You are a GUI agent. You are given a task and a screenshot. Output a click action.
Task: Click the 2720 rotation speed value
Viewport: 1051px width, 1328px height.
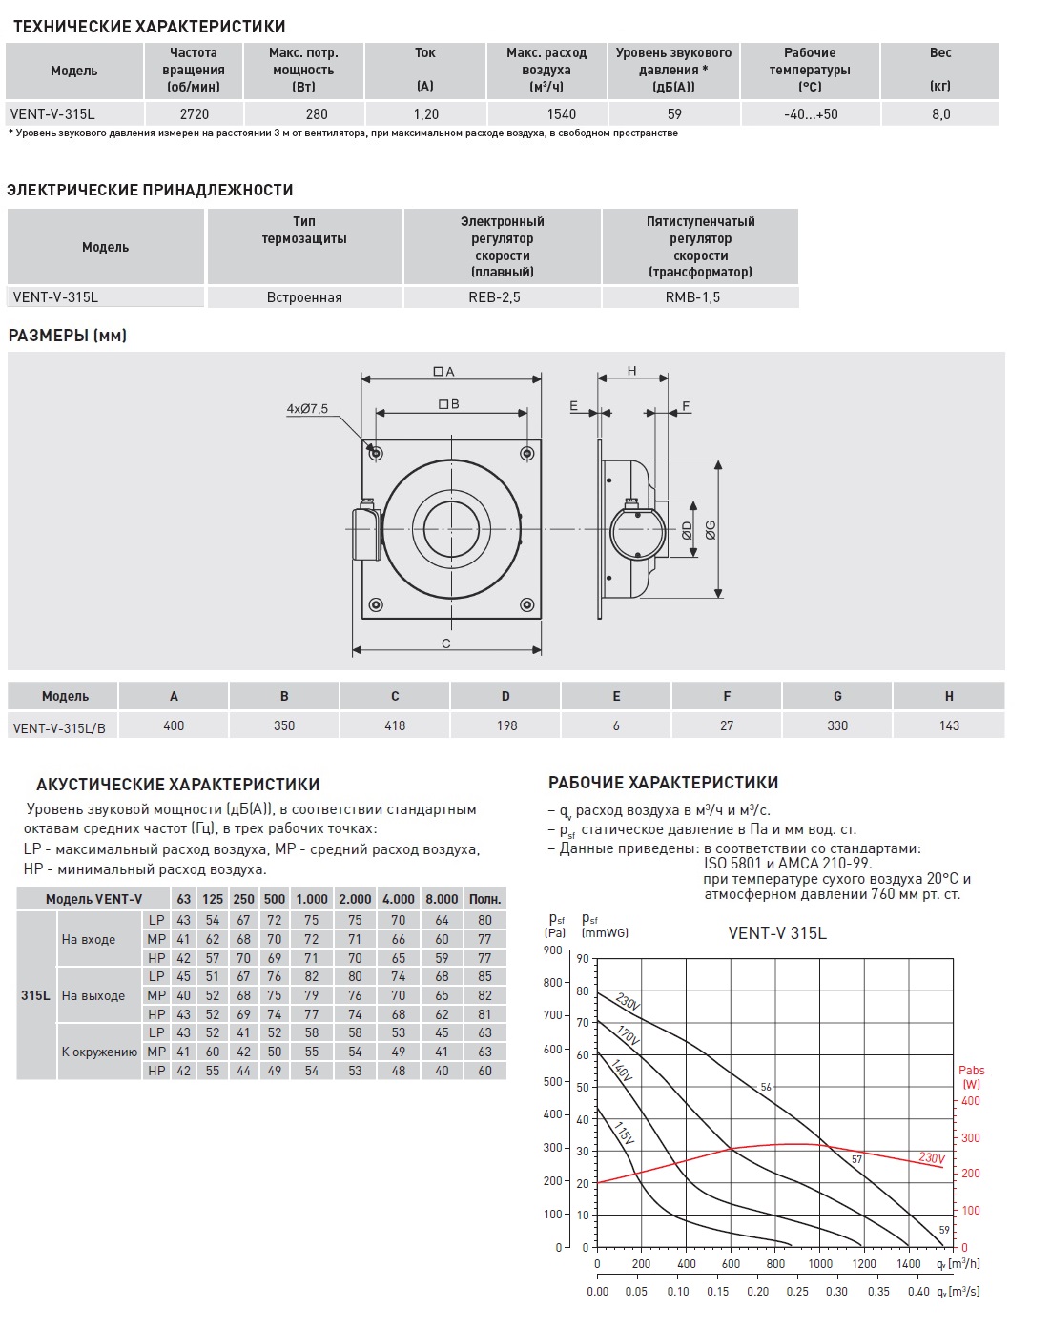click(194, 113)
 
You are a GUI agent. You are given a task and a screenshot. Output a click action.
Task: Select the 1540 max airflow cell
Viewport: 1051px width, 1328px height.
click(561, 113)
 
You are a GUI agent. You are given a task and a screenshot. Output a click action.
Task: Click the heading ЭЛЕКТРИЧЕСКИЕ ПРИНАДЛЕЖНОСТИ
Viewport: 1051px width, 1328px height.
click(150, 190)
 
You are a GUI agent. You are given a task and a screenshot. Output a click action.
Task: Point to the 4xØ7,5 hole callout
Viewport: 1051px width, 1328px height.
click(307, 409)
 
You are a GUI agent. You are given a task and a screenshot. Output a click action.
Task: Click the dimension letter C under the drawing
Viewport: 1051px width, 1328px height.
click(446, 644)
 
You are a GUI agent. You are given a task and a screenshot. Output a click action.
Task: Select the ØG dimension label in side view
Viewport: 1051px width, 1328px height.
click(711, 530)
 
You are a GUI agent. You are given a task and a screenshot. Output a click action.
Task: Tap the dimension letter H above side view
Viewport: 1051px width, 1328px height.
click(632, 371)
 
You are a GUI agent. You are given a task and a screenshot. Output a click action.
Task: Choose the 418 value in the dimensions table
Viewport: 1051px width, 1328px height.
click(395, 725)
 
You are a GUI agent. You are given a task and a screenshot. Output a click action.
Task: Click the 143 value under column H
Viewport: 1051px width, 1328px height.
click(949, 725)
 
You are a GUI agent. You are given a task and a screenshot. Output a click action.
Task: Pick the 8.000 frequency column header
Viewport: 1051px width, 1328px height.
click(442, 899)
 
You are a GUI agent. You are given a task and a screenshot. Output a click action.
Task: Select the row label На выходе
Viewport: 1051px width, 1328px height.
click(93, 995)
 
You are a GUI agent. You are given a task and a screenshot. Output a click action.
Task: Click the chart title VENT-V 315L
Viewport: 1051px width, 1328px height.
click(777, 933)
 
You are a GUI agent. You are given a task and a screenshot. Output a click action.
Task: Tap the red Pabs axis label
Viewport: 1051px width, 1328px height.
click(971, 1077)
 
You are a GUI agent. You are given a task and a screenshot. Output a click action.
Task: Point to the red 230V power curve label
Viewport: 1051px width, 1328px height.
click(932, 1157)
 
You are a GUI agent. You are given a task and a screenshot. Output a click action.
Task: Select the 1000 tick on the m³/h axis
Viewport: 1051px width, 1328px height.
click(820, 1264)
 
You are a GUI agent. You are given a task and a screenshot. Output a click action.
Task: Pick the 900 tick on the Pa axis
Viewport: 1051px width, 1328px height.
click(552, 950)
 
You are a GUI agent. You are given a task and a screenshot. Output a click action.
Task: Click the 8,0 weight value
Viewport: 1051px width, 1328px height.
click(940, 113)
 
